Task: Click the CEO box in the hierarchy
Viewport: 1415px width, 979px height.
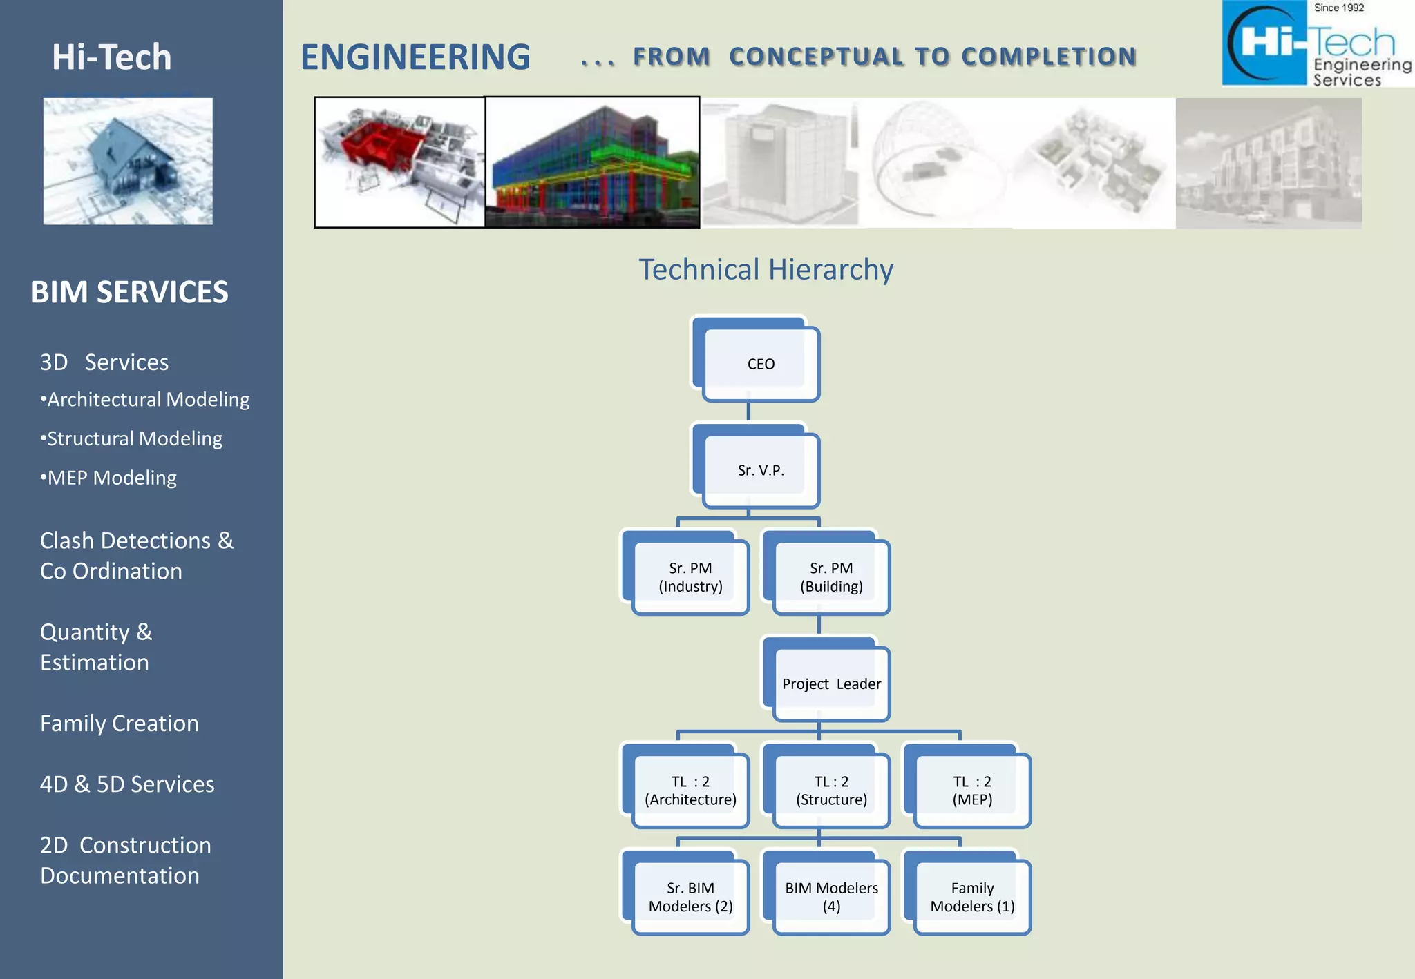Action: click(760, 364)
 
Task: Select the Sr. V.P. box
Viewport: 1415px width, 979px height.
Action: click(760, 470)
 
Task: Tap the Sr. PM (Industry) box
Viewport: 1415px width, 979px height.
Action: click(690, 577)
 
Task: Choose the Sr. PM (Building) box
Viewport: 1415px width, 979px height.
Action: click(831, 577)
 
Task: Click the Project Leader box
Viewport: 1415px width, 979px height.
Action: click(831, 684)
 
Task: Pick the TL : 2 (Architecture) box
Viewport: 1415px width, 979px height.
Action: click(690, 791)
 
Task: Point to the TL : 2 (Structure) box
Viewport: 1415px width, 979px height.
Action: click(831, 791)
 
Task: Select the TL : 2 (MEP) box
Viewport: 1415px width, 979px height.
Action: click(972, 791)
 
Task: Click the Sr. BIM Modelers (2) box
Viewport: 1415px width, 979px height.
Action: click(690, 897)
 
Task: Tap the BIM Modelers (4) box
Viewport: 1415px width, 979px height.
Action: click(831, 897)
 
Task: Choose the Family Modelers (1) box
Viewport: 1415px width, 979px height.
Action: click(972, 897)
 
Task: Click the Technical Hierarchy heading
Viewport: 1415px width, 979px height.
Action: click(766, 269)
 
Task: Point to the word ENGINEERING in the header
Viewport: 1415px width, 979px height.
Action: click(415, 57)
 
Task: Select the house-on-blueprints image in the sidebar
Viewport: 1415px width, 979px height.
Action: click(128, 161)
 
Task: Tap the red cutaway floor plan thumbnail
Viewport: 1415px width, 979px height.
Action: click(399, 162)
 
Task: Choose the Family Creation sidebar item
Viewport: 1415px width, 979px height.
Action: click(120, 723)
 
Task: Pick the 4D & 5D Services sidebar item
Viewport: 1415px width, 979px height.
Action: click(127, 784)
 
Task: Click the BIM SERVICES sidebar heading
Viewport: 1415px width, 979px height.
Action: click(130, 292)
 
